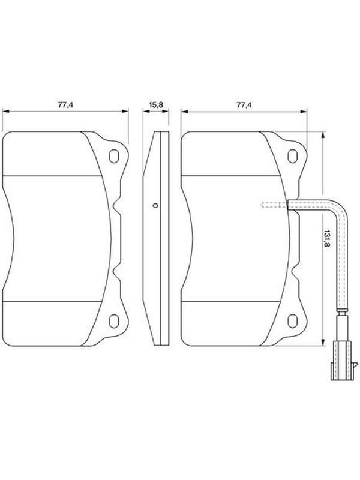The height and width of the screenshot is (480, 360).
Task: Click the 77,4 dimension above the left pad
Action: tap(65, 105)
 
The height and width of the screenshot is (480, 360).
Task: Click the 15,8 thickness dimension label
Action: tap(156, 105)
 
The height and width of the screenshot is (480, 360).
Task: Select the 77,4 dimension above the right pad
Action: tap(244, 105)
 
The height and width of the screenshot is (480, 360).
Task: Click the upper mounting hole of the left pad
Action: tap(114, 156)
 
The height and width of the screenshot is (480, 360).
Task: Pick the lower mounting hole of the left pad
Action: tap(114, 321)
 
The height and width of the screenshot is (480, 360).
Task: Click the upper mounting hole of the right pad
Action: tap(293, 156)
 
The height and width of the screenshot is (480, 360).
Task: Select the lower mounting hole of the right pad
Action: tap(293, 321)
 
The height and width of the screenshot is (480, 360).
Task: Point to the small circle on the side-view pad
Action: tap(155, 206)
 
